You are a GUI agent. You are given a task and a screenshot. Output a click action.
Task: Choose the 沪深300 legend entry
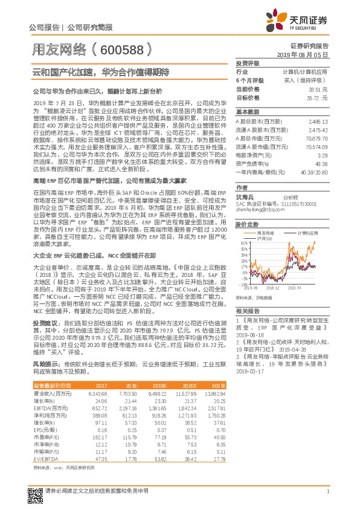tap(247, 238)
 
